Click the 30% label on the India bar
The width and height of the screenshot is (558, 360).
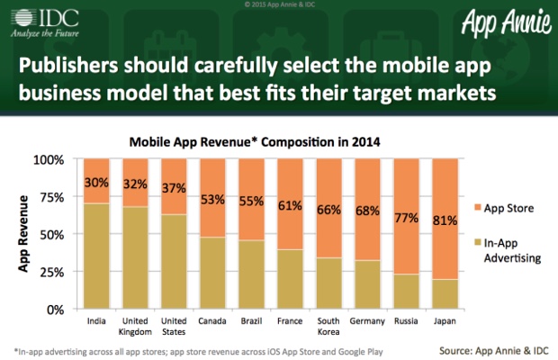[97, 182]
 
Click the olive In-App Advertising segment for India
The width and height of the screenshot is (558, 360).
[97, 256]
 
